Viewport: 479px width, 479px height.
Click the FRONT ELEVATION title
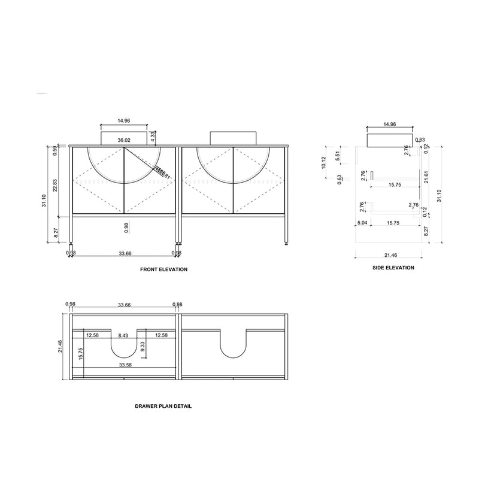point(163,269)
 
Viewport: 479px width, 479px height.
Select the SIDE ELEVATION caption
point(393,268)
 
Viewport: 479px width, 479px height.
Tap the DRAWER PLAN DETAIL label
point(163,406)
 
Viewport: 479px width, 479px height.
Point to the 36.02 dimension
point(124,140)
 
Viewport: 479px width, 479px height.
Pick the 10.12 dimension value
point(323,163)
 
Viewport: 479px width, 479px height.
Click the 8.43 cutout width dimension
point(123,335)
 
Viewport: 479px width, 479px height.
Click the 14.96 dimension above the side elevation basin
point(389,125)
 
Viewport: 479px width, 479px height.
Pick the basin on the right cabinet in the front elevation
point(233,138)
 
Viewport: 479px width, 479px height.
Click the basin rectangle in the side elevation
point(389,140)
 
